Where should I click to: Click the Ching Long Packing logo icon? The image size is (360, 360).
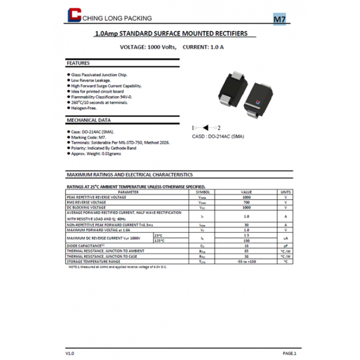tap(74, 17)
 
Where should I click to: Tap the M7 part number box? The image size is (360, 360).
tap(279, 19)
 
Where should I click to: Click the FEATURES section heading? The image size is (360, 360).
tap(78, 63)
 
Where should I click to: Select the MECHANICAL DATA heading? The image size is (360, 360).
tap(89, 120)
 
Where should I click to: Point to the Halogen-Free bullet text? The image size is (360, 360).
tap(84, 108)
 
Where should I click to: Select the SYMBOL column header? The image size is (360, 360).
tap(203, 192)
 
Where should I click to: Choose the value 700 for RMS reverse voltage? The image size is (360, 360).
tap(247, 202)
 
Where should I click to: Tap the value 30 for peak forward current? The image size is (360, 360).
tap(247, 224)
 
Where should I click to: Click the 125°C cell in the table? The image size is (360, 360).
tap(159, 240)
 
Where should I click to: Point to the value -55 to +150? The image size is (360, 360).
tap(247, 261)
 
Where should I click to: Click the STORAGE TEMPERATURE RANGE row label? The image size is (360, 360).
tap(93, 261)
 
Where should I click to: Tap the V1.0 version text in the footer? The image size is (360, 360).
tap(70, 352)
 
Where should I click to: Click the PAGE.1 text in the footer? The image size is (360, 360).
tap(289, 352)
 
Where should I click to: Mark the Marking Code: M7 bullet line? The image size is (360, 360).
tap(88, 137)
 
